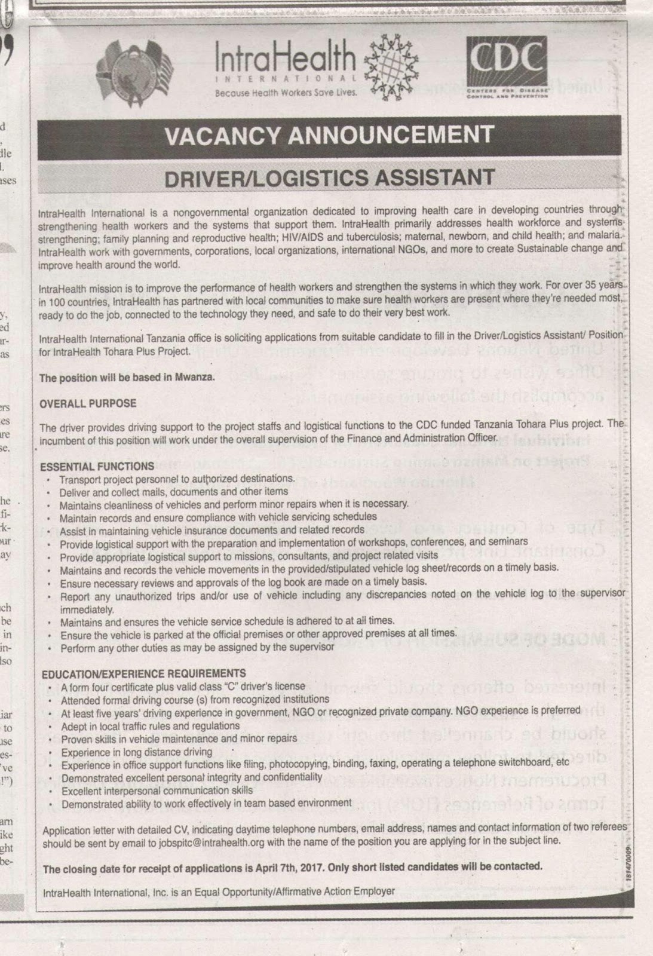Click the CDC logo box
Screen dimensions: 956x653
(x=507, y=67)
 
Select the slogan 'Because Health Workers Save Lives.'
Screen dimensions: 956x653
(x=286, y=93)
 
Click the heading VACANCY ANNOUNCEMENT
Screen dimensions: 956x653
(x=329, y=135)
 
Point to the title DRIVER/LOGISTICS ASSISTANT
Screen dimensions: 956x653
(x=329, y=177)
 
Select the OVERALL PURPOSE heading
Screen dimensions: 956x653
(x=88, y=403)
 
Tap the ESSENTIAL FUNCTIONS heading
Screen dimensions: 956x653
(x=97, y=466)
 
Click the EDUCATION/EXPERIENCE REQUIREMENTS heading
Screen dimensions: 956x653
(x=143, y=673)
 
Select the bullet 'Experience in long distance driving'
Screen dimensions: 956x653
(x=137, y=752)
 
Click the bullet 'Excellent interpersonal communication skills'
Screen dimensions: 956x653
(x=157, y=790)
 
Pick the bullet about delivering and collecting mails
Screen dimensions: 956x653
(x=173, y=492)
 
